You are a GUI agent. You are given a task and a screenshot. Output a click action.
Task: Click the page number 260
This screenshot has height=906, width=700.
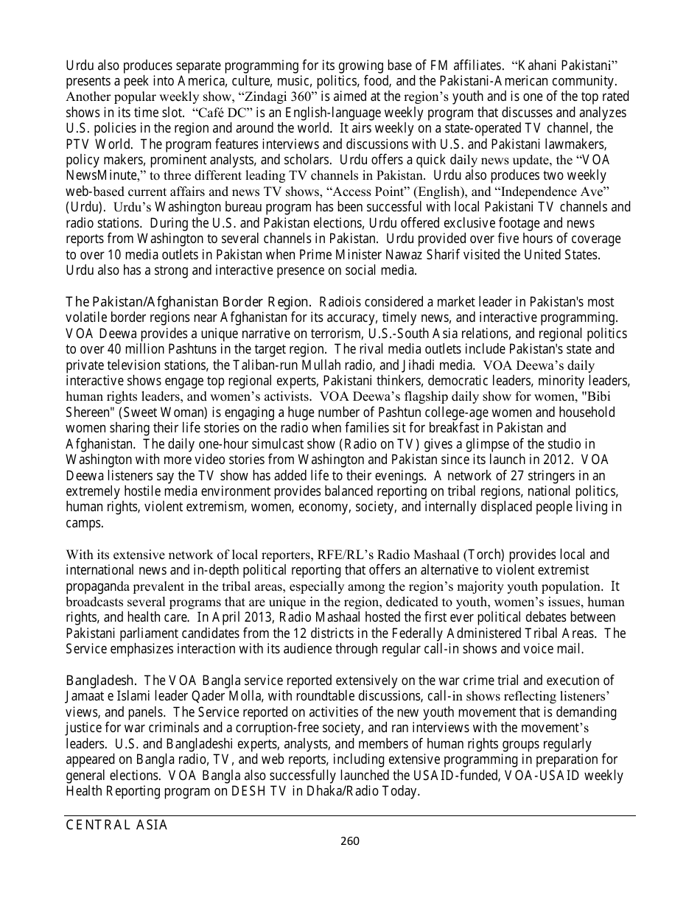(x=349, y=841)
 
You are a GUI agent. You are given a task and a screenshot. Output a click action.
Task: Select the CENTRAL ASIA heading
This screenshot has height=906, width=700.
(x=117, y=826)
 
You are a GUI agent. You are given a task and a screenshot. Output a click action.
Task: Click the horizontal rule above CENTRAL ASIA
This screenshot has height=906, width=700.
(x=350, y=815)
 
